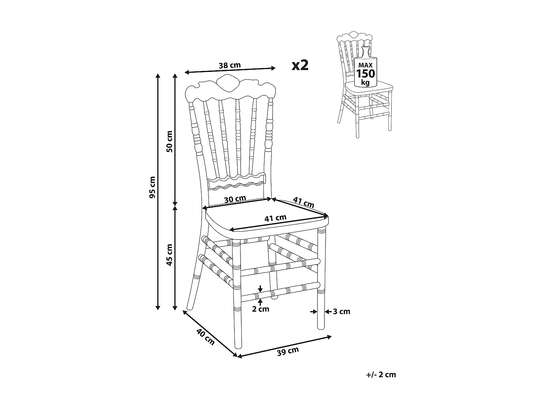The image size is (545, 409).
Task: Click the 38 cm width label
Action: click(x=230, y=65)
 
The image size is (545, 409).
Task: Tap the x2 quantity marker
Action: click(x=300, y=65)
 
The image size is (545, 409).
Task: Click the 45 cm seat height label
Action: click(x=169, y=254)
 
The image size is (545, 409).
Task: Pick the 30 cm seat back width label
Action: click(x=235, y=199)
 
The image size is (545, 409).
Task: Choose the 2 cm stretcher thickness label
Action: click(x=261, y=309)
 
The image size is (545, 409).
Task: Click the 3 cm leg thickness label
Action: click(x=342, y=312)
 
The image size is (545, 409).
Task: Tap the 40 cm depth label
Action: click(x=205, y=337)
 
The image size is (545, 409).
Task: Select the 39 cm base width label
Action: click(x=288, y=351)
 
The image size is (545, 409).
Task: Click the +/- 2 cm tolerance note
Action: click(x=381, y=375)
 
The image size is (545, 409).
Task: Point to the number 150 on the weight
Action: click(x=365, y=74)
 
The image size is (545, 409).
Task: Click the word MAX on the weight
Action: click(x=365, y=65)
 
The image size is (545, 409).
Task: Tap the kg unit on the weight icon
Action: click(x=365, y=83)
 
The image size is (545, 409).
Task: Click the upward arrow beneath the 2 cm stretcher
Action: click(x=260, y=301)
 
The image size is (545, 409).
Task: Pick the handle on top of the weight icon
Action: click(x=366, y=51)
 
